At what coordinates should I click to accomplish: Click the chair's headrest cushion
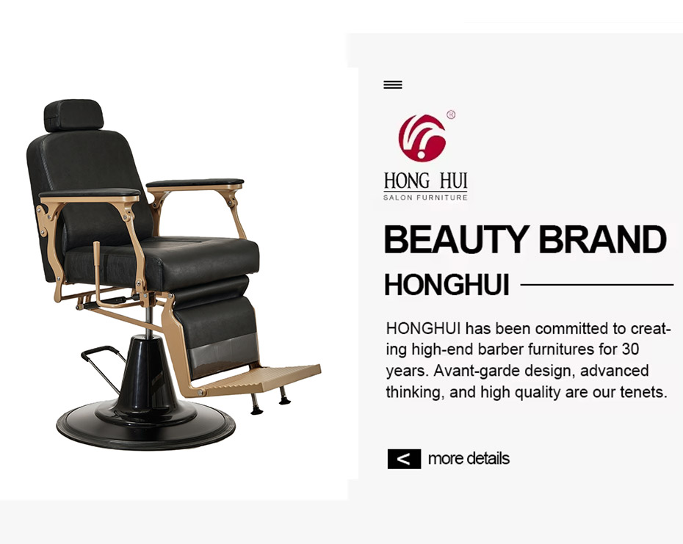click(x=73, y=115)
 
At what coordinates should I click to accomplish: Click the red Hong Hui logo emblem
click(x=422, y=137)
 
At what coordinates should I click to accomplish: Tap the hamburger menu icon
click(x=392, y=84)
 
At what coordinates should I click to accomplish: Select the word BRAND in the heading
click(x=602, y=239)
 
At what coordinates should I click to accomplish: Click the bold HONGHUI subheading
click(x=447, y=285)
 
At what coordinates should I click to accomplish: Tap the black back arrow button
click(x=404, y=459)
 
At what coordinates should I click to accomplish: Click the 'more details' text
click(x=469, y=459)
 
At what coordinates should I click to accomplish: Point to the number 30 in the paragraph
click(x=630, y=349)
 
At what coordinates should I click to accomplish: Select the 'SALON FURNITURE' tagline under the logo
click(x=425, y=197)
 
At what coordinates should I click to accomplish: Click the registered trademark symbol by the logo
click(x=451, y=115)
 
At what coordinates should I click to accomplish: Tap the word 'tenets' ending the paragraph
click(x=643, y=393)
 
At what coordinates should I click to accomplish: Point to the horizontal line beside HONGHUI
click(x=597, y=285)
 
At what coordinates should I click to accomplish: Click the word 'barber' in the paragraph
click(x=501, y=349)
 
